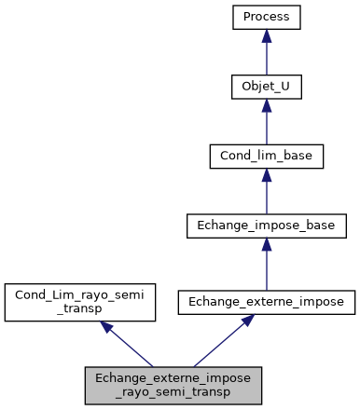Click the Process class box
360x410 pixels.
click(266, 18)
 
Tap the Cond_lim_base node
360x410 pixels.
click(266, 156)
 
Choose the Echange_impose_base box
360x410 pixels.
click(266, 225)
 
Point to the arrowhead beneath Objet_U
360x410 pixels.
click(266, 105)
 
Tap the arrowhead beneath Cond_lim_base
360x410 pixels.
click(266, 174)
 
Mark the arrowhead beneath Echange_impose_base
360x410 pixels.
click(266, 243)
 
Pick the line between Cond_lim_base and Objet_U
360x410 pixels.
click(266, 127)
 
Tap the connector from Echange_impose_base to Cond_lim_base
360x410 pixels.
click(266, 196)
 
